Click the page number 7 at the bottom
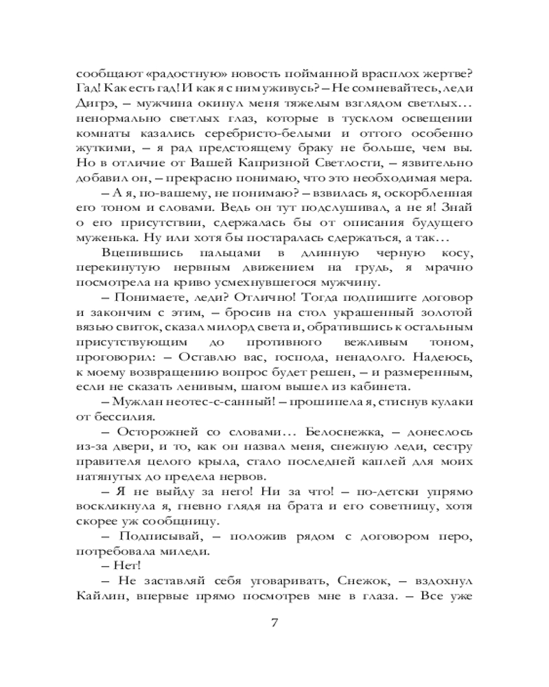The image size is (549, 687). coord(274,623)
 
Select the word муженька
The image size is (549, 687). coord(107,238)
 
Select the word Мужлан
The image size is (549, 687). coord(138,403)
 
